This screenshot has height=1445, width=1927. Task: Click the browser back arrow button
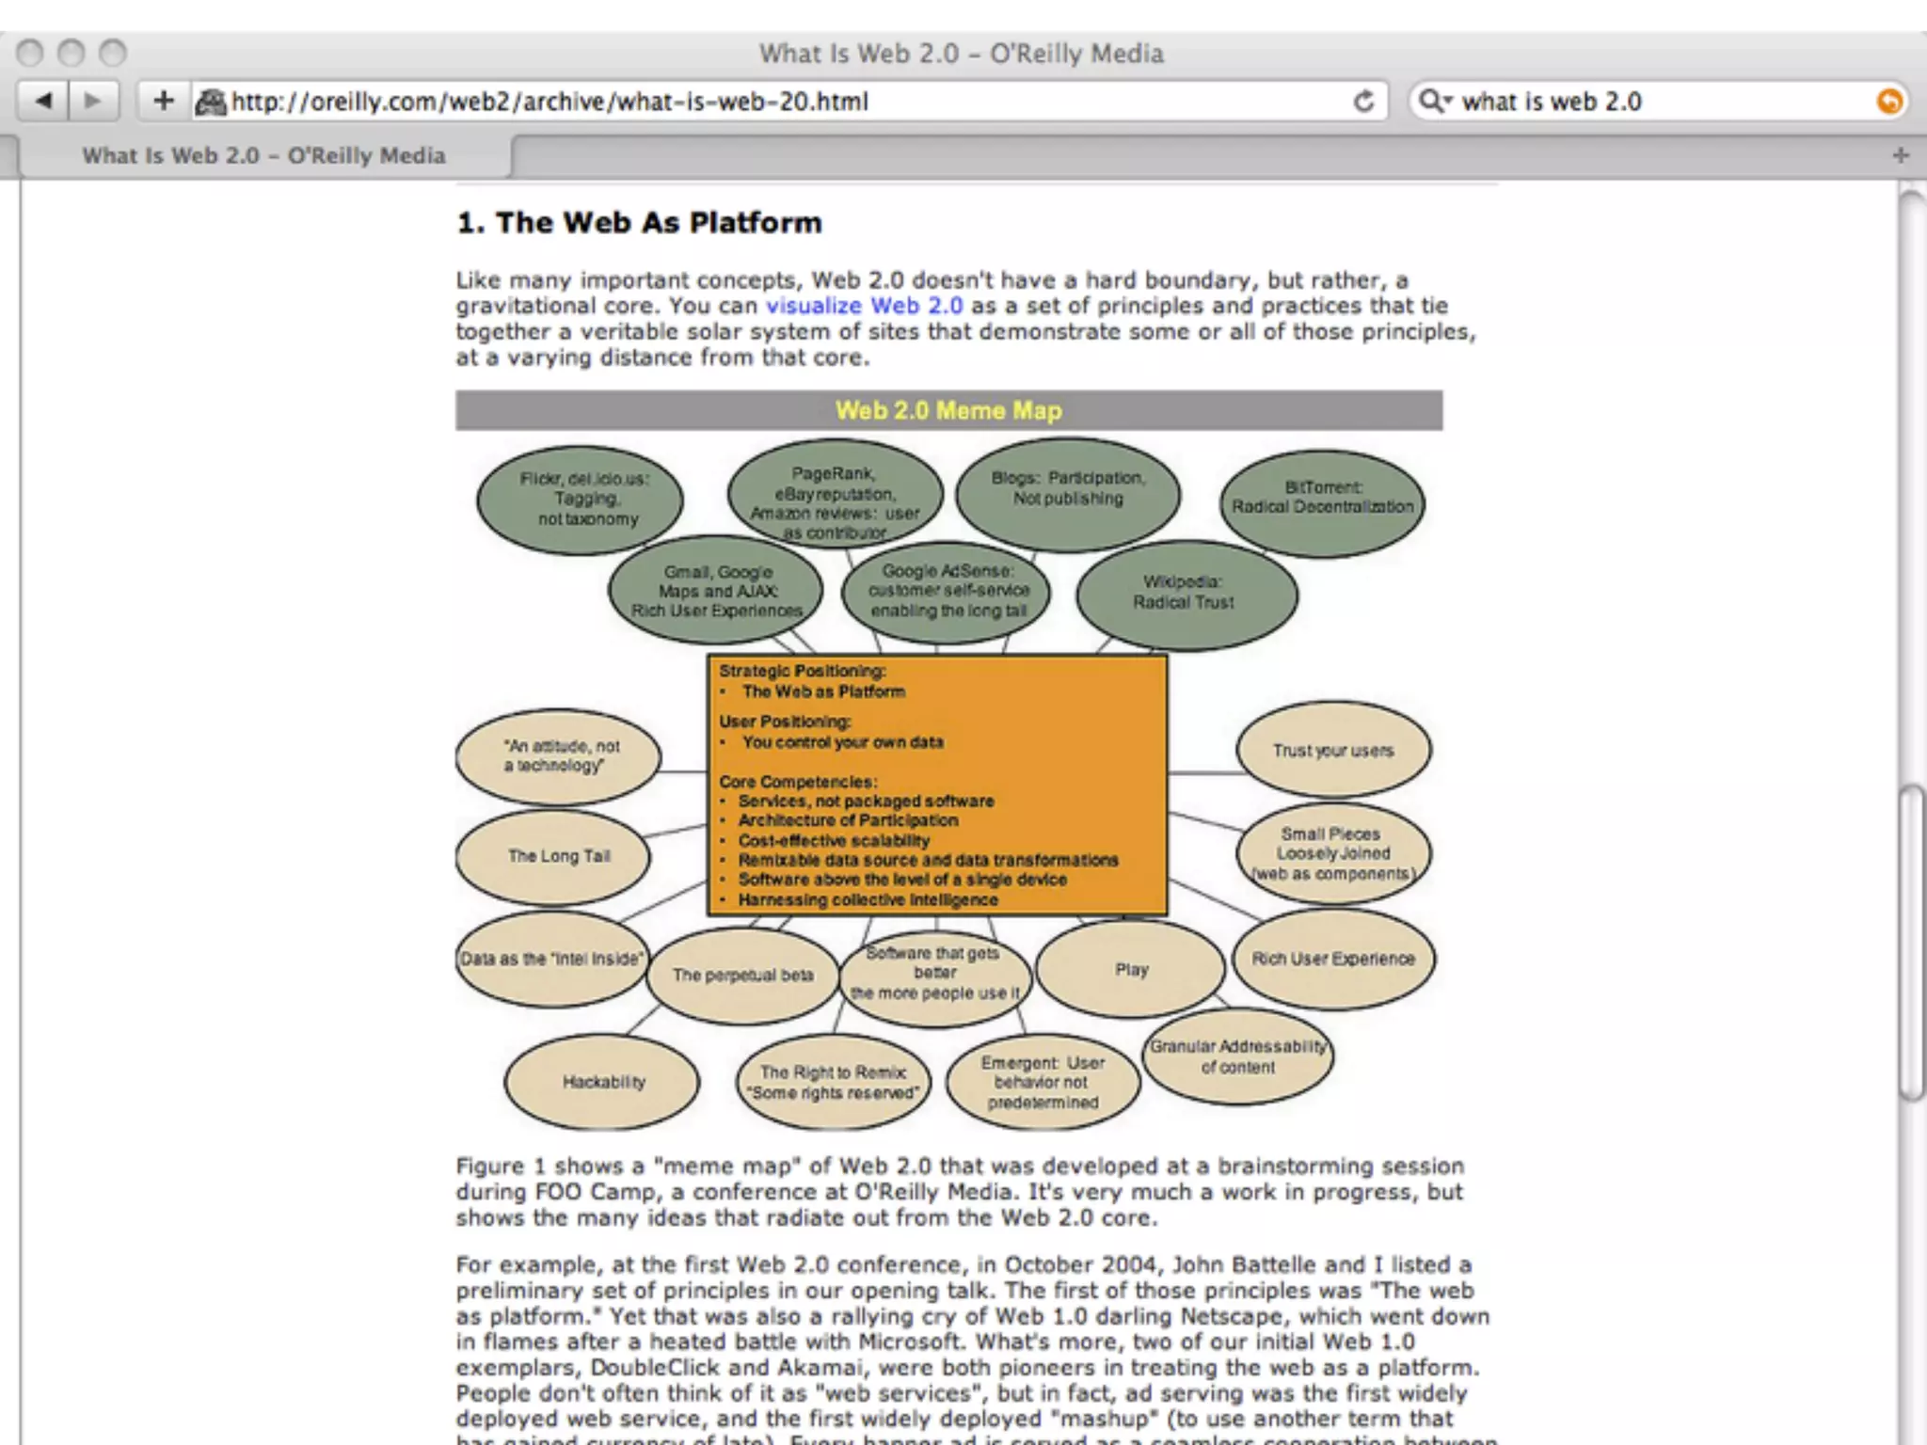43,101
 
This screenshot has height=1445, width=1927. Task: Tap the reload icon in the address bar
1363,101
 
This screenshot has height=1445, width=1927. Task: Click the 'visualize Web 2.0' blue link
864,306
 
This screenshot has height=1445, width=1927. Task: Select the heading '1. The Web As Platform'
639,223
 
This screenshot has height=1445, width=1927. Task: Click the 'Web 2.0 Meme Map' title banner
948,411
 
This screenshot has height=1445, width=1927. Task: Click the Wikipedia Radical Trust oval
1186,594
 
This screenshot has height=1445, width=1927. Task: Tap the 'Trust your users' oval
1332,751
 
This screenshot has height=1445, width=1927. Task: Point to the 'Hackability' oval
603,1082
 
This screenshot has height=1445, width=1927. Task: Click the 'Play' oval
1131,969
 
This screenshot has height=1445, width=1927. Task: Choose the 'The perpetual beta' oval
742,976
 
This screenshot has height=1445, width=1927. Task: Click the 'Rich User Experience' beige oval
1332,959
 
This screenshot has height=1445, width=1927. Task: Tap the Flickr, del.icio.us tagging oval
581,500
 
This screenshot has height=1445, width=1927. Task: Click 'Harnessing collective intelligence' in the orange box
868,900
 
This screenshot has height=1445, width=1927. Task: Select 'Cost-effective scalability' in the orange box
834,841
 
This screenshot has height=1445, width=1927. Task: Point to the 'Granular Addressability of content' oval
1237,1056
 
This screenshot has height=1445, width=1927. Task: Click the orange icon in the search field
1887,101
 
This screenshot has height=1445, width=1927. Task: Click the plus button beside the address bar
164,101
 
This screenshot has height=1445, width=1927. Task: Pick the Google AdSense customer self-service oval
947,592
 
